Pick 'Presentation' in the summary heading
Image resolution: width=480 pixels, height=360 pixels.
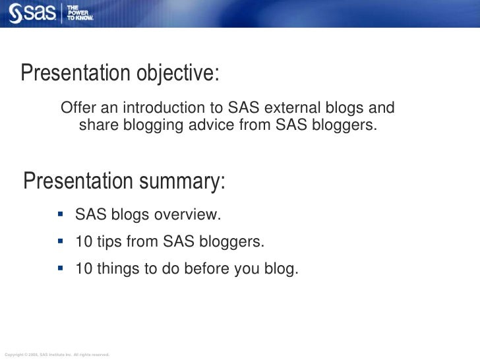tap(79, 181)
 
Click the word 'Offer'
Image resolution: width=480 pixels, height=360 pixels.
tap(76, 108)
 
